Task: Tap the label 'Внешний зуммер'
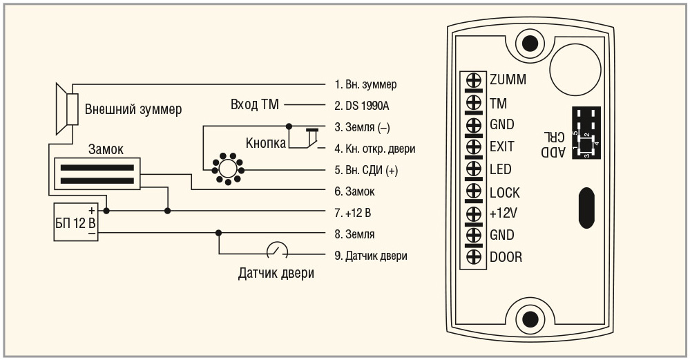pos(133,109)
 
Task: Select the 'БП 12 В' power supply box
pos(75,222)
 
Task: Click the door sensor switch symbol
pos(276,250)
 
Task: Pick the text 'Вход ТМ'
pos(253,106)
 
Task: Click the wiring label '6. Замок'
pos(354,191)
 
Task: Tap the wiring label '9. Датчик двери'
pos(370,256)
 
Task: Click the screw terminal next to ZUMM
pos(475,79)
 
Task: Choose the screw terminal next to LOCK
pos(475,192)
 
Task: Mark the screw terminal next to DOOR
pos(475,256)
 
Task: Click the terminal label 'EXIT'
pos(501,146)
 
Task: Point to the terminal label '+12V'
pos(504,214)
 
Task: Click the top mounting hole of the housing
pos(530,44)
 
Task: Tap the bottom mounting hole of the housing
pos(530,319)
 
